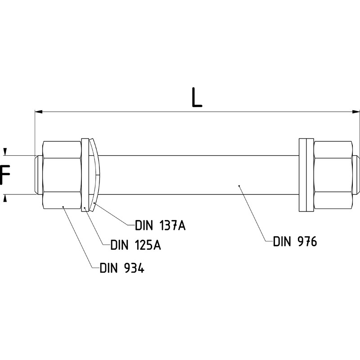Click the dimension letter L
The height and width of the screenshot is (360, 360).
coord(196,98)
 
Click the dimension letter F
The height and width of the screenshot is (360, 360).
coord(5,175)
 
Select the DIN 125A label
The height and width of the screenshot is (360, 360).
coord(136,246)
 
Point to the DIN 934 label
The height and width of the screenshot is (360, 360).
coord(122,268)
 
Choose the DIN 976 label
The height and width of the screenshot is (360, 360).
coord(295,242)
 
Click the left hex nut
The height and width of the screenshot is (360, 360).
coord(62,175)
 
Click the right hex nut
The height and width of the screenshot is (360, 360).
coord(333,175)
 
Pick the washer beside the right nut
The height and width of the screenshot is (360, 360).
coord(306,175)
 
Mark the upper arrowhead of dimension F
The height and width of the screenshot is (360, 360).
coord(5,152)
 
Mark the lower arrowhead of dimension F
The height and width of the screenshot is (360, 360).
coord(5,198)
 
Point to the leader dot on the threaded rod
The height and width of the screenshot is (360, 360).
coord(239,185)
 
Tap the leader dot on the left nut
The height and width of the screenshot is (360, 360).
coord(63,207)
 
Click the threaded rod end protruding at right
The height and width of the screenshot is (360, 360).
coord(356,175)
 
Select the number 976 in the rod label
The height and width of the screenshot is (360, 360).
coord(306,242)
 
